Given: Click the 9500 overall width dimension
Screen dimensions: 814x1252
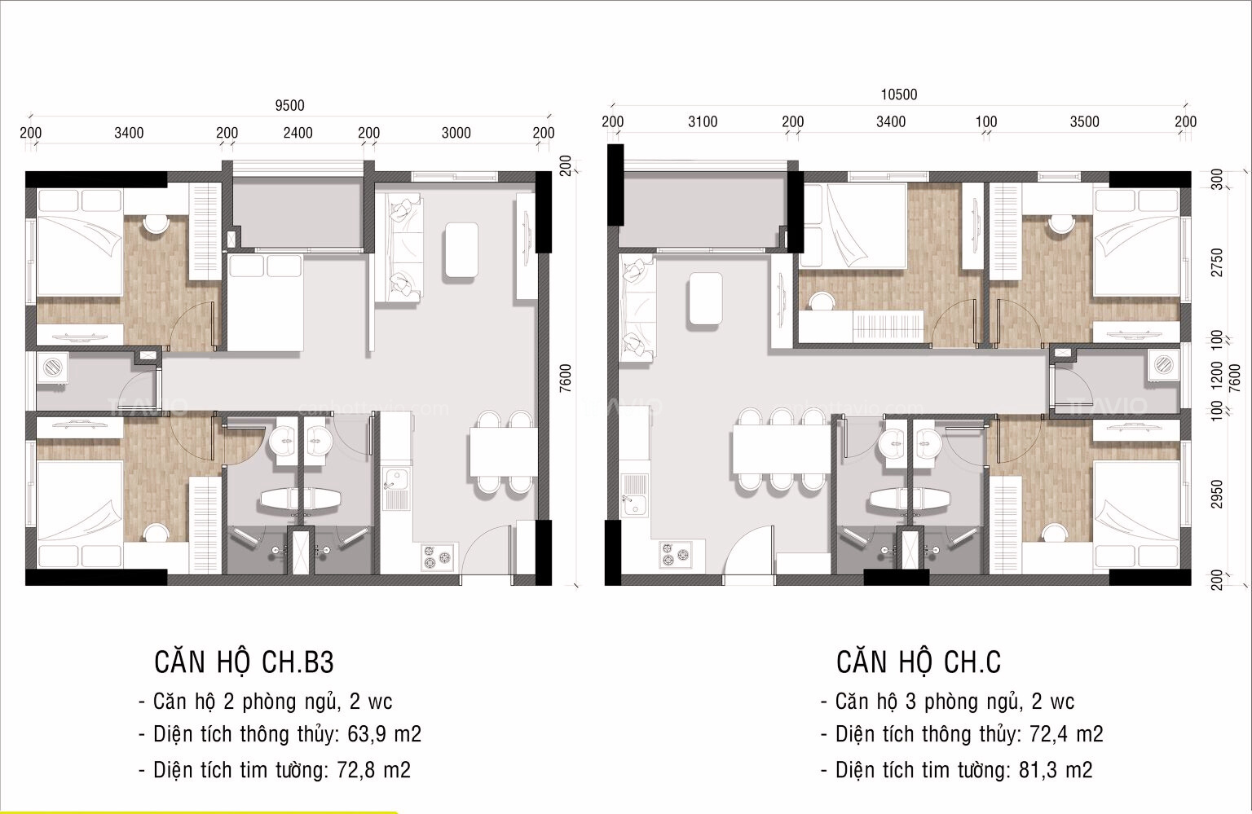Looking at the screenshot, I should [x=289, y=105].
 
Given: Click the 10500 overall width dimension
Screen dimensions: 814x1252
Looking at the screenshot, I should [x=898, y=95].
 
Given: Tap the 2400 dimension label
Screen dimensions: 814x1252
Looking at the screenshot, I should [x=298, y=133].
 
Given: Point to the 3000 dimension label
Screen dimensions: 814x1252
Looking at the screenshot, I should [x=456, y=133].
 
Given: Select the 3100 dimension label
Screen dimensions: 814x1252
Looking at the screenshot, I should [x=702, y=122].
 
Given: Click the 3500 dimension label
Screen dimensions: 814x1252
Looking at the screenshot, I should [x=1084, y=122].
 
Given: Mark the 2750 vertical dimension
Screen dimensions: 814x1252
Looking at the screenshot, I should [x=1218, y=262].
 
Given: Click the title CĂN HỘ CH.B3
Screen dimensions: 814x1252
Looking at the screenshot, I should [x=244, y=662].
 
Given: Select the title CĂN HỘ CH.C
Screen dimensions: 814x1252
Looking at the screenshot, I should [x=918, y=662].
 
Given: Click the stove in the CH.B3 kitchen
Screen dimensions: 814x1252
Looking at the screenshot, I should [x=437, y=558].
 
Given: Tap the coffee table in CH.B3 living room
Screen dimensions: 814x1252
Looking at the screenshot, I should [x=461, y=251].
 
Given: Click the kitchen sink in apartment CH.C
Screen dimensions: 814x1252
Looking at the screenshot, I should [x=633, y=503].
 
